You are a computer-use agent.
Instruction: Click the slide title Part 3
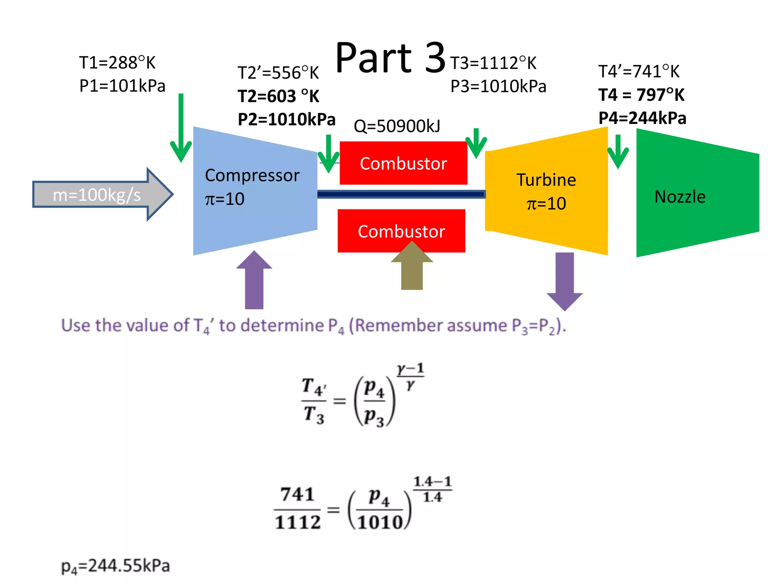(390, 58)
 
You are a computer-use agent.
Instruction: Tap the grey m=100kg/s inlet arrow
(97, 195)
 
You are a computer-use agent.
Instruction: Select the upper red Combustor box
(403, 163)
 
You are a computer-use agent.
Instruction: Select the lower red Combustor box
(401, 231)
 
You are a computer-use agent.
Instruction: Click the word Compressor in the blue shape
(252, 175)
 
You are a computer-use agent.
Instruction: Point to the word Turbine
(546, 180)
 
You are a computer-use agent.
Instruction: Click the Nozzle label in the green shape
(680, 197)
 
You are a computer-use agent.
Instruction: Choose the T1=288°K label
(117, 63)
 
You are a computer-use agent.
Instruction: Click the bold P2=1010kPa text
(286, 119)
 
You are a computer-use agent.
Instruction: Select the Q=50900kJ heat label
(397, 126)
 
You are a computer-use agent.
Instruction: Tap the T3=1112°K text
(493, 63)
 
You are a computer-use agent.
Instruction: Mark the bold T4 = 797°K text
(641, 95)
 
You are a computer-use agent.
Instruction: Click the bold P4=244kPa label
(642, 118)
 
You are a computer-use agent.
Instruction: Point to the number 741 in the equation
(297, 494)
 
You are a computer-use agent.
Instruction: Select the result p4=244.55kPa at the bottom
(115, 566)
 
